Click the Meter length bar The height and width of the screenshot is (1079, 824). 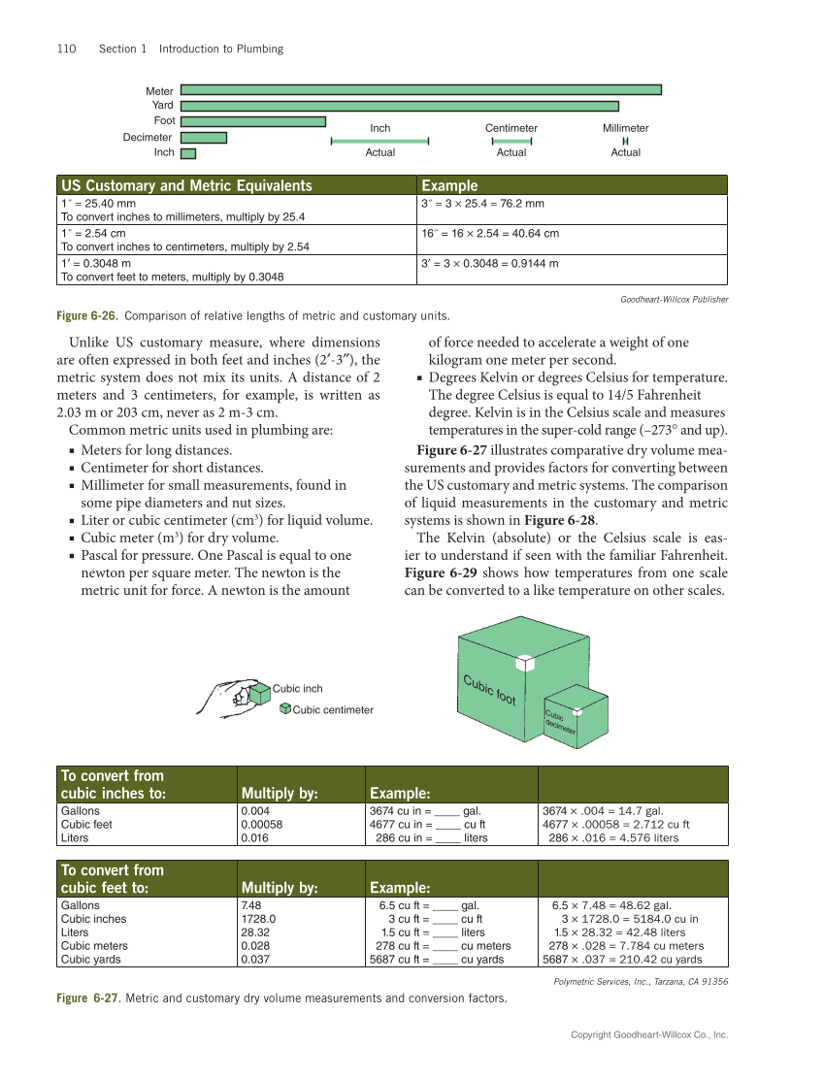pos(421,90)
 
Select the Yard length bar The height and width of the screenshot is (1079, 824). pos(400,106)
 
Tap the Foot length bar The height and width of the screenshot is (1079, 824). pos(253,121)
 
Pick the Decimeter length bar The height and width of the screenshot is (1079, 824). pos(204,138)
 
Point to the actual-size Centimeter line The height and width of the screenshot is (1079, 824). pos(511,142)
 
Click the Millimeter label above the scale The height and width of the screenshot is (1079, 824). pos(625,128)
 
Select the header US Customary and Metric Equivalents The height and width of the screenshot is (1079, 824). pos(187,185)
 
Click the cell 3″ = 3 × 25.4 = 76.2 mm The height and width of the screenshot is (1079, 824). pos(482,204)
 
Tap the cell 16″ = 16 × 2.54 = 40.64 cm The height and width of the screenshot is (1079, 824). pos(490,234)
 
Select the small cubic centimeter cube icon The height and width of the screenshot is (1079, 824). pos(284,709)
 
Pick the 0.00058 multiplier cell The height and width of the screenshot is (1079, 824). pos(263,824)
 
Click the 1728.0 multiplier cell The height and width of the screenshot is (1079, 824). pos(258,918)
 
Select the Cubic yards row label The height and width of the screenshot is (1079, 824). pos(93,959)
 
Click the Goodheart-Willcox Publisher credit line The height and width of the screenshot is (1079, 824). pos(674,299)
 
